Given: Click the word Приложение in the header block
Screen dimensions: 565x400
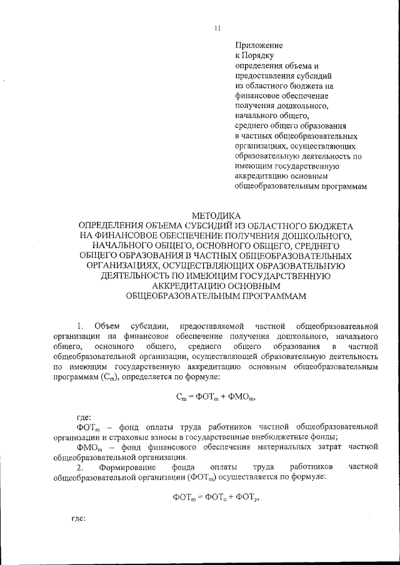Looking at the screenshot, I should [x=259, y=46].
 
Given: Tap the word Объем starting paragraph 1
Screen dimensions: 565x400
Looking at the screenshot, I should [x=106, y=326].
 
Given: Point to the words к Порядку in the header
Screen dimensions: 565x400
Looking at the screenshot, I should [x=250, y=56].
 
